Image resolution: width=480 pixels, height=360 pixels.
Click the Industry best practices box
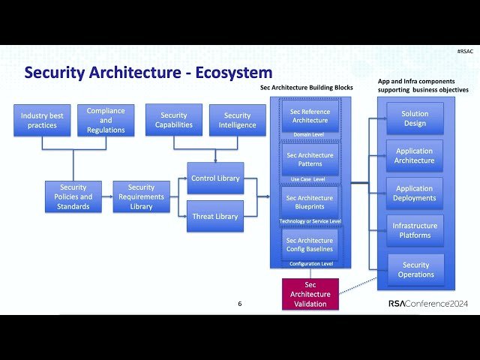43,120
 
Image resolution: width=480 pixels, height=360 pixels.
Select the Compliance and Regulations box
106,120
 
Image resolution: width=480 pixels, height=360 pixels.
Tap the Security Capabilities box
174,120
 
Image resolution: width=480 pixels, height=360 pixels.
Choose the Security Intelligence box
237,120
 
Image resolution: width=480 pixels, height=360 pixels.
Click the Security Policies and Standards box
73,196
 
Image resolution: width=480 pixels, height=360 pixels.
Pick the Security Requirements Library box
141,196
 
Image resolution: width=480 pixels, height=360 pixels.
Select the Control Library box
215,178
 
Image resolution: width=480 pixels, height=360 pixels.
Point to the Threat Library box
215,216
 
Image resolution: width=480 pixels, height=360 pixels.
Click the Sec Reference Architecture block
310,116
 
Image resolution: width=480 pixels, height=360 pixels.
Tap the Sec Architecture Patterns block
310,160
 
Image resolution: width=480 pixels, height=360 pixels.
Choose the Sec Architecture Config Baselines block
310,244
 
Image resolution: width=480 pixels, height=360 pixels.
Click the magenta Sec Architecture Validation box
310,294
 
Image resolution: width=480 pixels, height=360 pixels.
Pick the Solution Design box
415,118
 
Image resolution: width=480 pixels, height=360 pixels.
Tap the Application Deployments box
415,193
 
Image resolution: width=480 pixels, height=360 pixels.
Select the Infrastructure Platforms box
415,230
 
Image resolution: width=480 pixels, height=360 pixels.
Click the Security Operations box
415,269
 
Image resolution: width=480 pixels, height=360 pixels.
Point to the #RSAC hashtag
465,51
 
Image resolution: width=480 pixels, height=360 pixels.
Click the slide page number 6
240,304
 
